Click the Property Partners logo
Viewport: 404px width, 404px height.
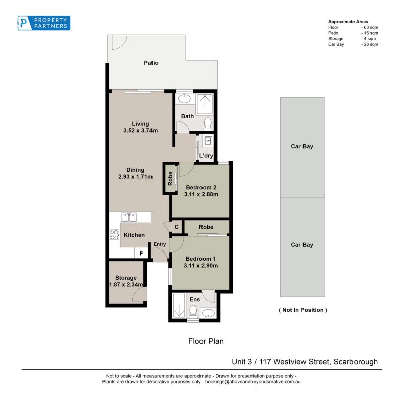(44, 23)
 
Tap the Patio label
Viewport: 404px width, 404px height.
(151, 63)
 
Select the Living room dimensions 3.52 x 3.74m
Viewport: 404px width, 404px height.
(140, 131)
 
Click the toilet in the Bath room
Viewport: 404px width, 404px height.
(208, 123)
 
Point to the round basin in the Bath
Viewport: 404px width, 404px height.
(184, 98)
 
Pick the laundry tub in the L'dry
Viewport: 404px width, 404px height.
(208, 141)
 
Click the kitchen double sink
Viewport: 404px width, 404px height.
(129, 217)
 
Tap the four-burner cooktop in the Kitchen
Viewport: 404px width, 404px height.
(114, 235)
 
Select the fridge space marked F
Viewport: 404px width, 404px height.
(141, 253)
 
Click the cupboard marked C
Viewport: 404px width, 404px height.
(177, 227)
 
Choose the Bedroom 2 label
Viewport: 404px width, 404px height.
(201, 187)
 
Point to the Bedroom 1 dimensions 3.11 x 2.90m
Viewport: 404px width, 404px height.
(200, 266)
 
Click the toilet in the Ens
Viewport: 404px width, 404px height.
(193, 310)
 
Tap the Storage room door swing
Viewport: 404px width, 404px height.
(140, 294)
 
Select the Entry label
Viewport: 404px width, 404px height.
(160, 244)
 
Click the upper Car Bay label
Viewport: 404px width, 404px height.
(302, 146)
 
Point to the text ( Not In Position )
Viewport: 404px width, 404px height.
(303, 310)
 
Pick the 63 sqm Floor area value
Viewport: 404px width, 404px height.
(371, 27)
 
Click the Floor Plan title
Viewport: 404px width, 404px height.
(206, 341)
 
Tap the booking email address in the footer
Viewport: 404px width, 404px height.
(253, 382)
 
